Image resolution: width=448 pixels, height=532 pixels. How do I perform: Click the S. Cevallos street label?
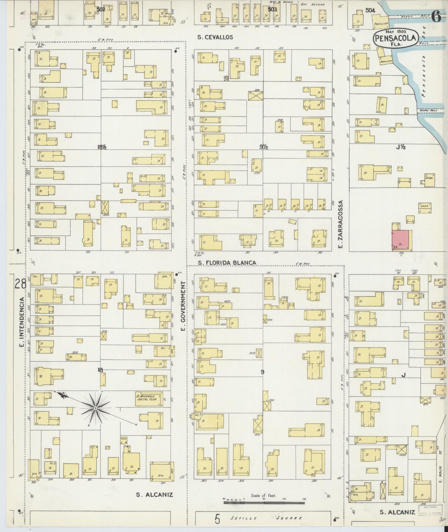tap(215, 37)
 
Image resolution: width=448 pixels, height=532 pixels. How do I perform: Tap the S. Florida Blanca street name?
tap(227, 263)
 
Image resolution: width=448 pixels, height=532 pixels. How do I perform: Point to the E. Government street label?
tap(183, 306)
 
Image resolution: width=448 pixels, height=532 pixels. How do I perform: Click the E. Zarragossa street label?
tap(341, 224)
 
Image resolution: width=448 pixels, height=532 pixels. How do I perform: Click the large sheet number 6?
tap(436, 17)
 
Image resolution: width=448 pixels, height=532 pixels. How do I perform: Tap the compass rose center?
tap(95, 408)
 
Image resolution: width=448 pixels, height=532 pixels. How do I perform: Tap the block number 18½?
tap(102, 147)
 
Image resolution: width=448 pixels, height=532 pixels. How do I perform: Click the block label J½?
tap(401, 147)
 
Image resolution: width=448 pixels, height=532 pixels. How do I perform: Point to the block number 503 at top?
tap(272, 9)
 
